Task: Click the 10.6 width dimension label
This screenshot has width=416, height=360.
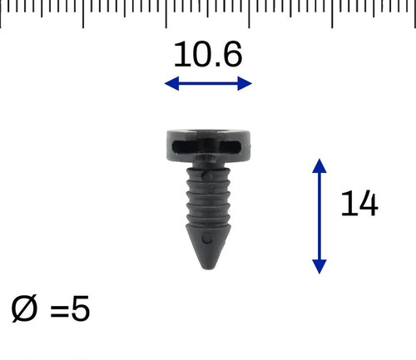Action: pyautogui.click(x=208, y=54)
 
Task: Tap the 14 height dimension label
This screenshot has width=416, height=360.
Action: pyautogui.click(x=359, y=203)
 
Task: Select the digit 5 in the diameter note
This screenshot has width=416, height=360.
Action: pyautogui.click(x=81, y=308)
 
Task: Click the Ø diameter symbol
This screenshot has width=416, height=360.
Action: pyautogui.click(x=24, y=308)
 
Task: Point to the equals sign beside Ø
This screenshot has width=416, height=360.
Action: pyautogui.click(x=59, y=310)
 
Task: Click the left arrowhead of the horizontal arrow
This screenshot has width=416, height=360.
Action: pyautogui.click(x=171, y=83)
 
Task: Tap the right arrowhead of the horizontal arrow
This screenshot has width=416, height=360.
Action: pyautogui.click(x=245, y=83)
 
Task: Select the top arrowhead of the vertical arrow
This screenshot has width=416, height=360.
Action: pyautogui.click(x=319, y=165)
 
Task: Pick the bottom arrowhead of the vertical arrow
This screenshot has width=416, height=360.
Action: pyautogui.click(x=319, y=267)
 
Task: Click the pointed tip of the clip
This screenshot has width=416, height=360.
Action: pyautogui.click(x=208, y=268)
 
